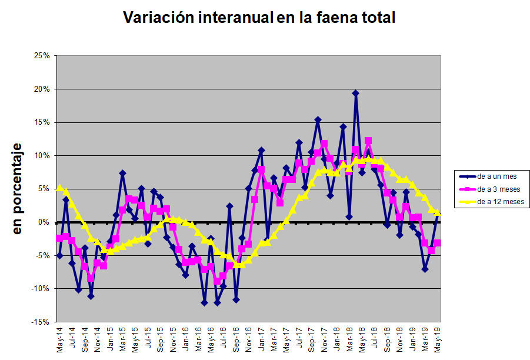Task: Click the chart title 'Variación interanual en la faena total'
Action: [x=259, y=18]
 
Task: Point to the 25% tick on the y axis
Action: [x=42, y=56]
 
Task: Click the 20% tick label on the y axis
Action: [x=42, y=89]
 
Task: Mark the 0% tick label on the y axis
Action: [x=44, y=222]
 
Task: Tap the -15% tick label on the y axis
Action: [x=41, y=322]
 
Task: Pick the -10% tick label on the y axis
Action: [x=41, y=289]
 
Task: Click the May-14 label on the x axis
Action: [x=59, y=341]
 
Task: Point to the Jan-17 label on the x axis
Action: [x=261, y=341]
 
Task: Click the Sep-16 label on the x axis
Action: [x=236, y=341]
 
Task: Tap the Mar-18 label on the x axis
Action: [x=349, y=341]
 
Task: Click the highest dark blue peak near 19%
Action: [x=355, y=93]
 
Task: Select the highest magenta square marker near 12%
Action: [x=368, y=141]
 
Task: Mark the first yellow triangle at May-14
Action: [x=59, y=188]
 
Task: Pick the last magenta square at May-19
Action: [x=438, y=243]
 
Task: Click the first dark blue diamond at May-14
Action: [x=59, y=256]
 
